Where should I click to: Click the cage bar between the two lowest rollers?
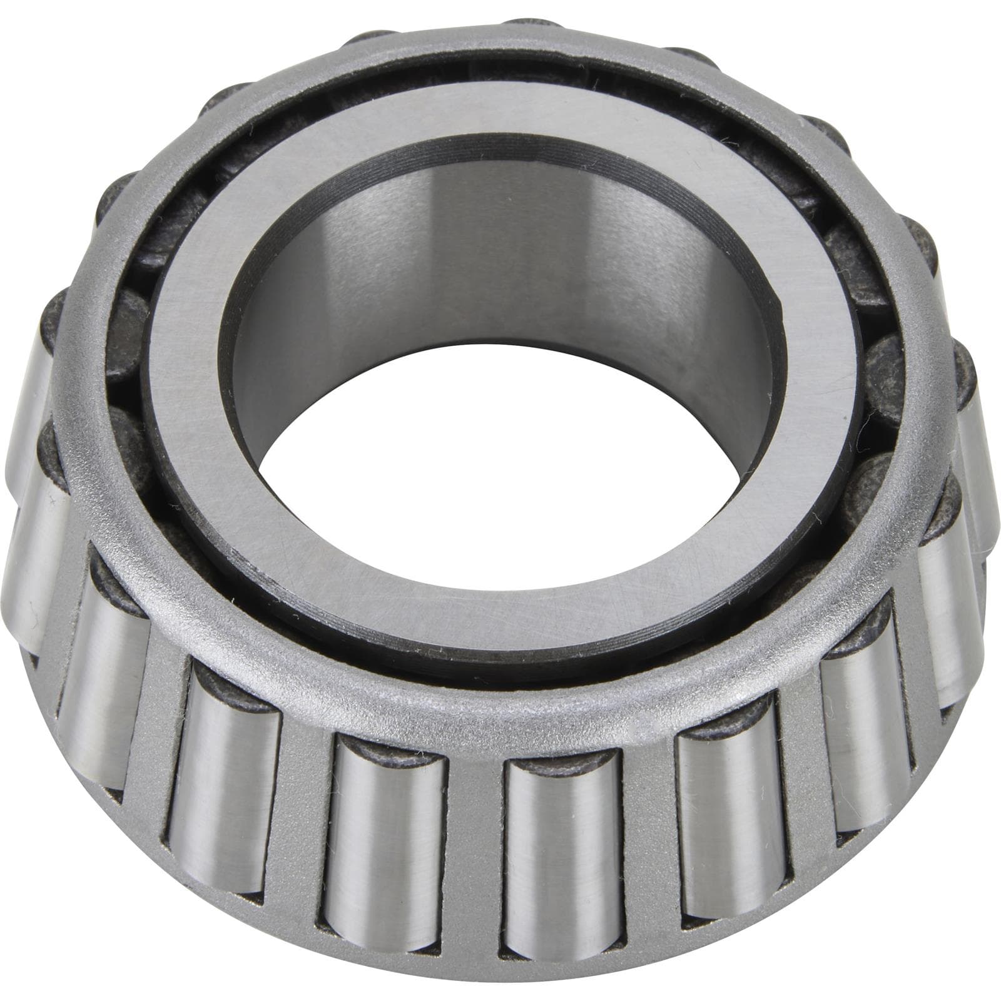(475, 832)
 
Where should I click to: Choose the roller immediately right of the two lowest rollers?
(726, 813)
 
